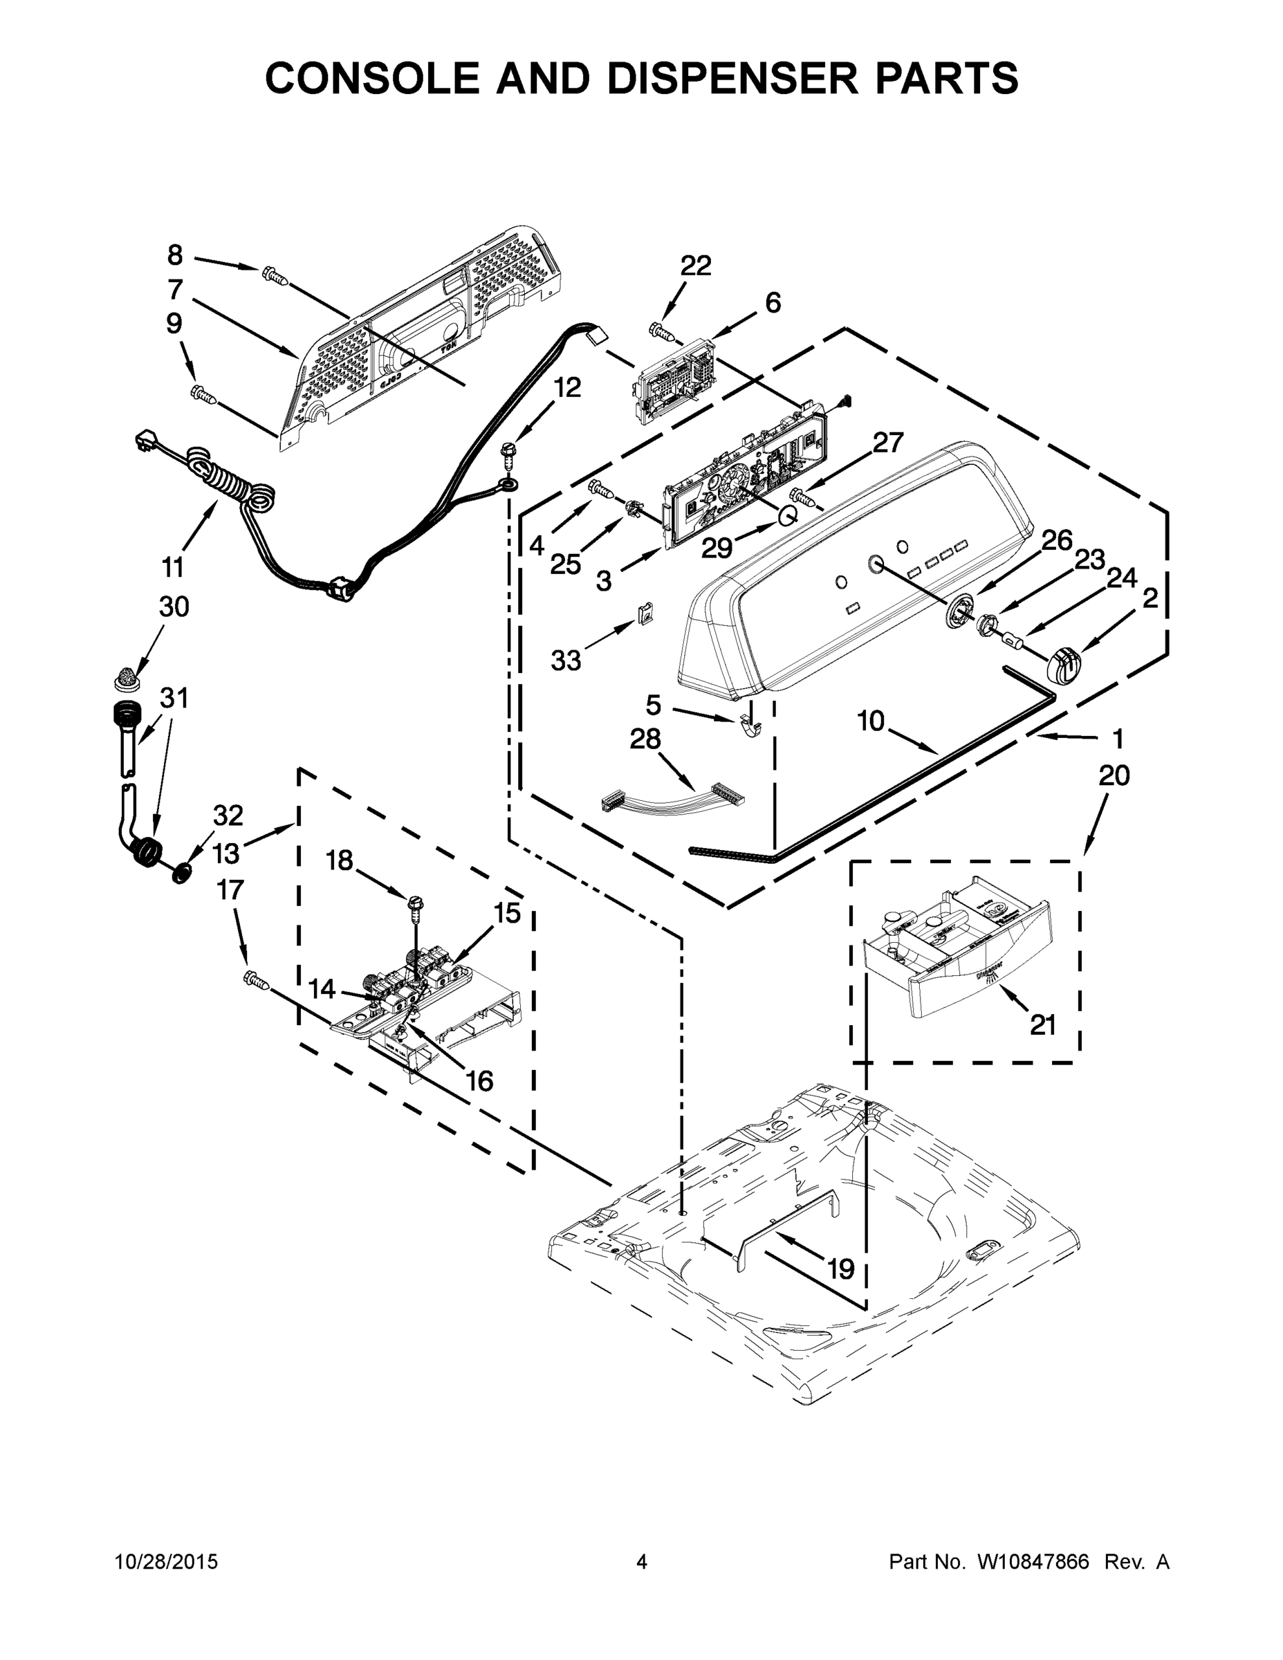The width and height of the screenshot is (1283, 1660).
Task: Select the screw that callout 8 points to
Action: click(275, 275)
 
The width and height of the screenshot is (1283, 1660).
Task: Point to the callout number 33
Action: click(566, 661)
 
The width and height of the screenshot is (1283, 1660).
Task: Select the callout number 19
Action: click(840, 1269)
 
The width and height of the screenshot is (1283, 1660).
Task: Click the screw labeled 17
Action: click(256, 981)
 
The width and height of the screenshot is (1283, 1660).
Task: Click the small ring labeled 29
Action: click(785, 517)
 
